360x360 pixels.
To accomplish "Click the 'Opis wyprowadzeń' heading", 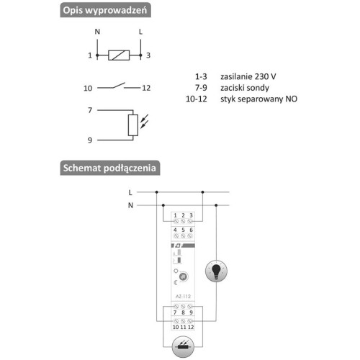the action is tap(105, 10).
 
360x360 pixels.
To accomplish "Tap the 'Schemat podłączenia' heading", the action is tap(110, 168).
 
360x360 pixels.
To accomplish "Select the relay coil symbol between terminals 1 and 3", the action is tap(119, 55).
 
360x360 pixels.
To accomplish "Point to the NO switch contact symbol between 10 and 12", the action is tap(119, 86).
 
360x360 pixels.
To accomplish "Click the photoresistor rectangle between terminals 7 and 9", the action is tap(133, 125).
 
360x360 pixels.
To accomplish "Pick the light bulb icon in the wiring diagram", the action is tap(216, 271).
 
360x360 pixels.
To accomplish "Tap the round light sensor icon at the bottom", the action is tap(183, 347).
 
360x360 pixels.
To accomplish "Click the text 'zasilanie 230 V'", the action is tap(248, 76).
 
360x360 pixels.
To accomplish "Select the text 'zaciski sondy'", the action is tap(245, 88).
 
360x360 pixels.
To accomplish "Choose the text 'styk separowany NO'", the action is tap(258, 99).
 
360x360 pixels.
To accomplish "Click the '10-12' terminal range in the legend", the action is tap(197, 99).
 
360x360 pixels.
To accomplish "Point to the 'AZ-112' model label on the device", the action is tap(183, 297).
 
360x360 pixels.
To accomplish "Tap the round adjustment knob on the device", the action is tap(184, 276).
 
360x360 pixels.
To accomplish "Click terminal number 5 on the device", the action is tap(183, 230).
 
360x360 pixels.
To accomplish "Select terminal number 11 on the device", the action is tap(183, 327).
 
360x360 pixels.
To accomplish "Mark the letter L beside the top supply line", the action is tap(130, 192).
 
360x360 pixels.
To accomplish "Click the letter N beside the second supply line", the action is tap(130, 205).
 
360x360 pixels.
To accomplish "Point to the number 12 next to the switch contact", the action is tap(146, 88).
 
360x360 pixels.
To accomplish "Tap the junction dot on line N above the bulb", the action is tap(216, 205).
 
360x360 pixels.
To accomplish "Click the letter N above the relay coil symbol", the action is tap(97, 32).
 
